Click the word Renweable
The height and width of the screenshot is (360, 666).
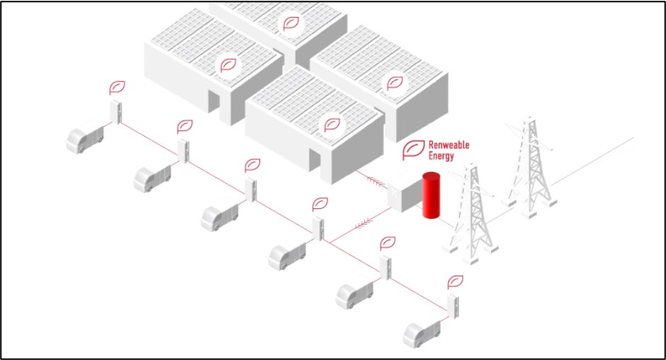click(448, 145)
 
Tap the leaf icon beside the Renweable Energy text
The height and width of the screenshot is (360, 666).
click(413, 150)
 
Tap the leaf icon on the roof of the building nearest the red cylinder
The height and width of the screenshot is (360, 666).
click(330, 125)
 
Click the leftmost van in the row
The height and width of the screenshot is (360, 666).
click(84, 137)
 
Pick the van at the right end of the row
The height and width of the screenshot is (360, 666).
click(421, 333)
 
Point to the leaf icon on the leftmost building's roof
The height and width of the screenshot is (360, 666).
click(228, 65)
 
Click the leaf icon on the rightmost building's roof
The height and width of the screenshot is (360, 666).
click(393, 83)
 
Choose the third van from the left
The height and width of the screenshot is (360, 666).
click(219, 217)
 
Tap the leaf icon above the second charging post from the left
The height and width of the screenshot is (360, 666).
click(185, 127)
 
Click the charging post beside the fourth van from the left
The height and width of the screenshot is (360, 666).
click(319, 229)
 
